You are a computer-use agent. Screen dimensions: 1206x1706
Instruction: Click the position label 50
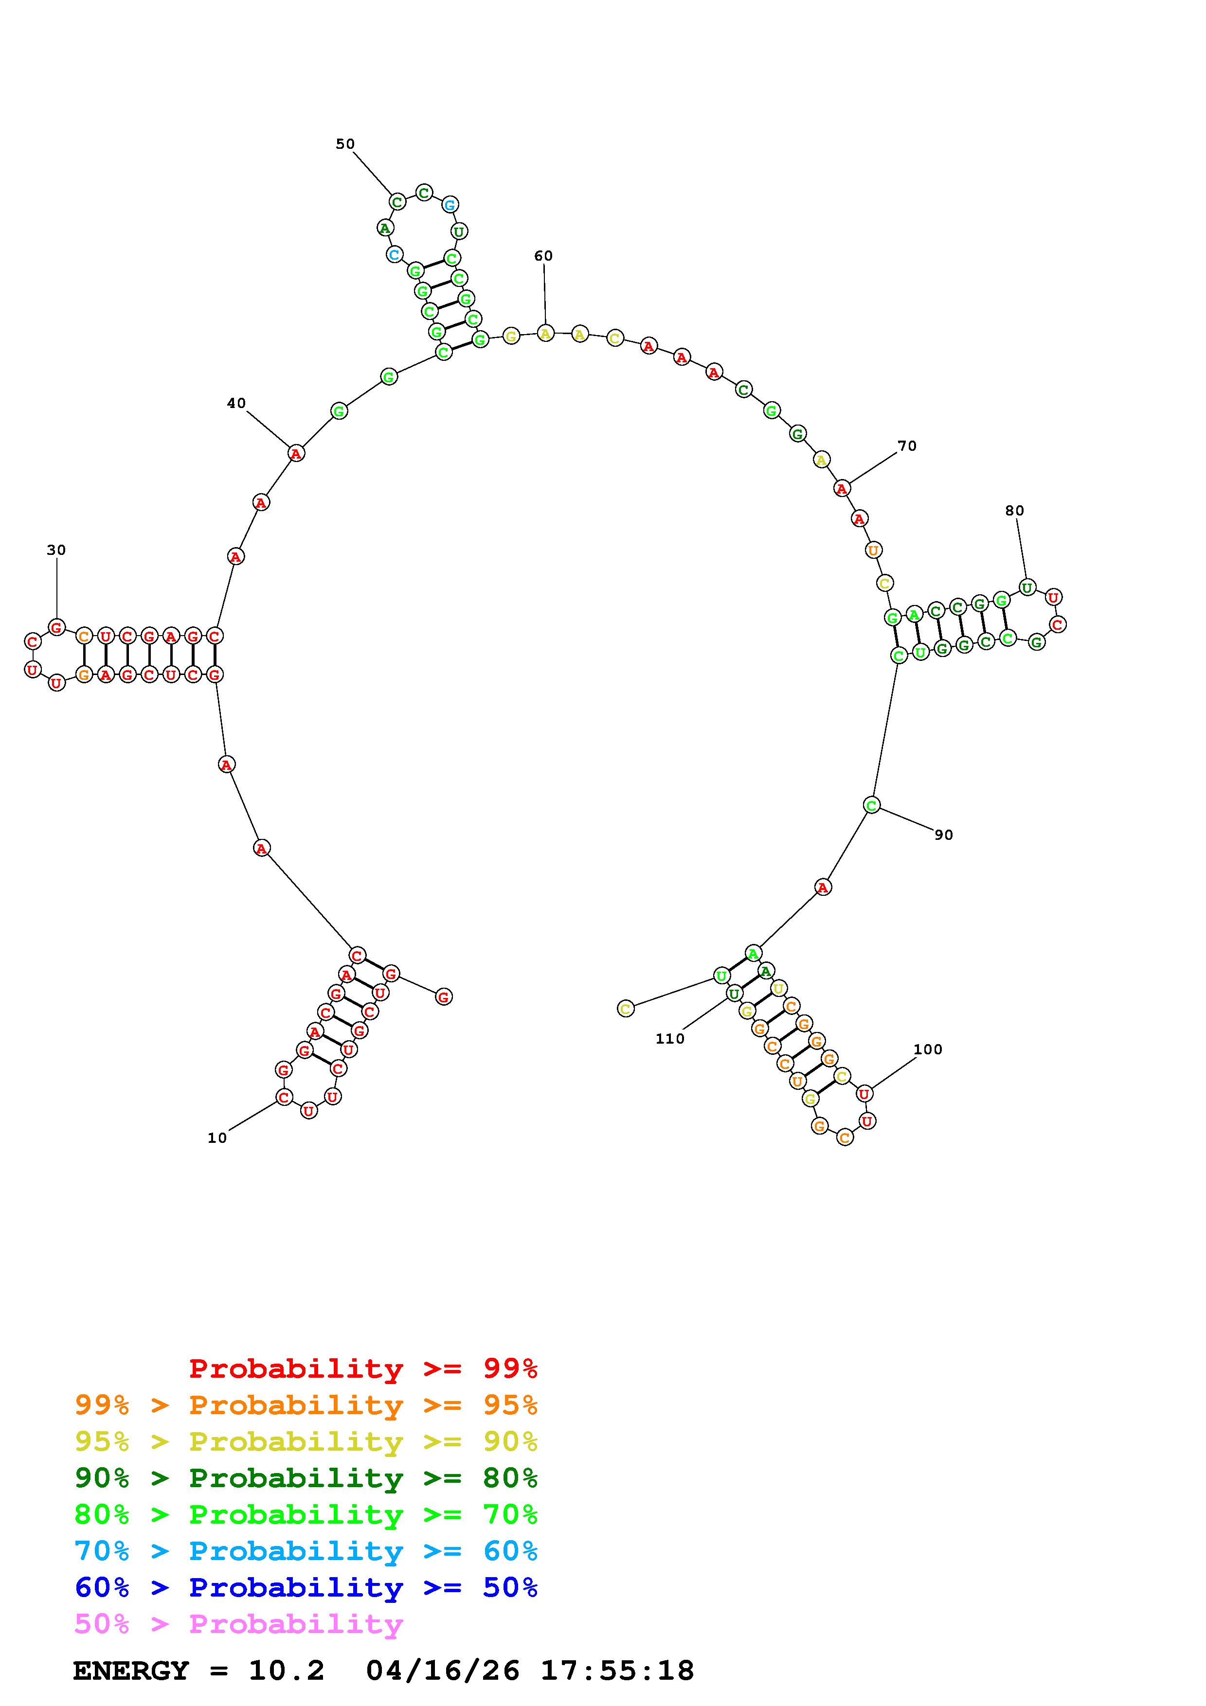click(345, 144)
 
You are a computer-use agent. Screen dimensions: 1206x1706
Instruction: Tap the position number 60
click(543, 256)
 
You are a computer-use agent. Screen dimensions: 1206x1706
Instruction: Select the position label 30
click(56, 551)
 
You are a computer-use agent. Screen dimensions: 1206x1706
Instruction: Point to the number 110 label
click(669, 1039)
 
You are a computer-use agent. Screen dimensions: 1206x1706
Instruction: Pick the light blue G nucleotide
click(450, 204)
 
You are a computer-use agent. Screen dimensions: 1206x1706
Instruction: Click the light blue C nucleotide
click(394, 255)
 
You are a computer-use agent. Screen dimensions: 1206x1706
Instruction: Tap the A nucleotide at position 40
click(296, 453)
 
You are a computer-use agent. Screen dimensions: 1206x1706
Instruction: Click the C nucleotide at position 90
click(872, 805)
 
